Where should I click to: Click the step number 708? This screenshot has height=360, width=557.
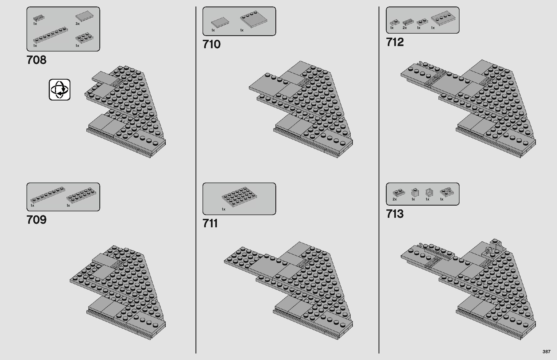37,60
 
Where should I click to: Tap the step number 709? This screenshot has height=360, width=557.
37,220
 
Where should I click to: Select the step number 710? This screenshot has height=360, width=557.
211,44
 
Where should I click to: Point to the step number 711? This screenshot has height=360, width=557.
210,223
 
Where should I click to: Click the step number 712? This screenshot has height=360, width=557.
395,42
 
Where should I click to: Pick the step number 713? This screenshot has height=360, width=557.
395,214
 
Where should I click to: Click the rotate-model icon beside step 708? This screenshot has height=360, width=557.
60,90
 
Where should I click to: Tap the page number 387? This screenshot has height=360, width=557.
546,352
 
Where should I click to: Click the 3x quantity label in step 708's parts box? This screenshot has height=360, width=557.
77,24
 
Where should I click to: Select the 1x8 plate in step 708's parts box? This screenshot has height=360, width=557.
50,35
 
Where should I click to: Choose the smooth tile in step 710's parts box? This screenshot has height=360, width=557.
220,22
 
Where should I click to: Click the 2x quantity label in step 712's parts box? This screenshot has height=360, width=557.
405,28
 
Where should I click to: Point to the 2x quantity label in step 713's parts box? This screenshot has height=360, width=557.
395,199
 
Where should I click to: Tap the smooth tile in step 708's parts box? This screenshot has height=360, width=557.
84,16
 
